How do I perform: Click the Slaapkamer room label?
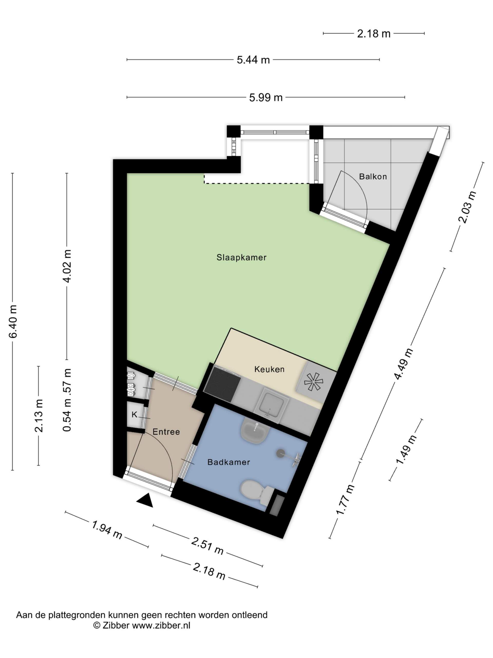point(241,257)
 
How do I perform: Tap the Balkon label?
point(373,176)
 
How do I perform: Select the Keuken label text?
point(269,369)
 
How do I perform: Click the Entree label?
point(166,432)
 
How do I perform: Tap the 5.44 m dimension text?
point(253,60)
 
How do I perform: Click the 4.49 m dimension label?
point(404,363)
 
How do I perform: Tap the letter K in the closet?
point(134,414)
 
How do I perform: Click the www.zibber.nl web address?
point(161,625)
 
